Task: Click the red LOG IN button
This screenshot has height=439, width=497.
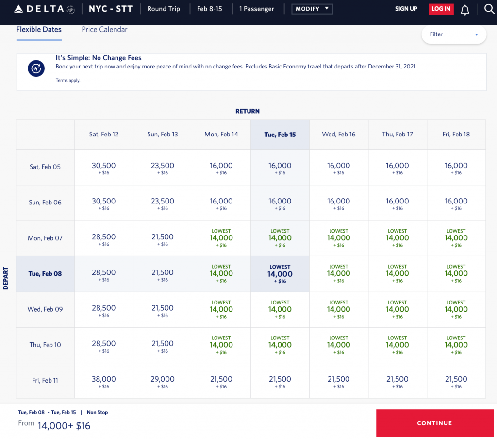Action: (x=441, y=9)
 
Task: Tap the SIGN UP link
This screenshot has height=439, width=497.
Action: (x=406, y=9)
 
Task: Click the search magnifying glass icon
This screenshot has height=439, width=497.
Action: (x=489, y=9)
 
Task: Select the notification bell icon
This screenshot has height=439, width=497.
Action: (x=465, y=10)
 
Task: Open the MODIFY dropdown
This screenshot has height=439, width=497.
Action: (x=312, y=9)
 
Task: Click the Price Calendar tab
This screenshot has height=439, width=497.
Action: (x=104, y=30)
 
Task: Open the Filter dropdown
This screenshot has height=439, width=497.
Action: (x=453, y=34)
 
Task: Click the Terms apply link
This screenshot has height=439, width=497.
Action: (x=68, y=81)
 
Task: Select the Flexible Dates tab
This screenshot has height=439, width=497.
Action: (x=39, y=30)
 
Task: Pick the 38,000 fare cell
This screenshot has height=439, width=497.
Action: (x=104, y=381)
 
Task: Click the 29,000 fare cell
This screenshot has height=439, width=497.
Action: (x=163, y=381)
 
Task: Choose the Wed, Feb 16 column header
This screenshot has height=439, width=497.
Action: (x=339, y=135)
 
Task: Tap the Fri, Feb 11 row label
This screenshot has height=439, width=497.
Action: (x=45, y=381)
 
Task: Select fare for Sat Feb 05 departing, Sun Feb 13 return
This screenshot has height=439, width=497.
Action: (x=163, y=168)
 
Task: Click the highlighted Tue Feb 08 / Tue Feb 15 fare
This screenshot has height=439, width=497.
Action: (x=280, y=274)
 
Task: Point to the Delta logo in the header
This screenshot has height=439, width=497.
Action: (x=44, y=9)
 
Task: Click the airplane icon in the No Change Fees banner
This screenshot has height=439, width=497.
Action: (x=36, y=69)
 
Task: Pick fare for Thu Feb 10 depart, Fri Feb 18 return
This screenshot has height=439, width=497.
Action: (x=456, y=345)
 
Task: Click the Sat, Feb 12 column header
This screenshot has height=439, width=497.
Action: (x=104, y=135)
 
